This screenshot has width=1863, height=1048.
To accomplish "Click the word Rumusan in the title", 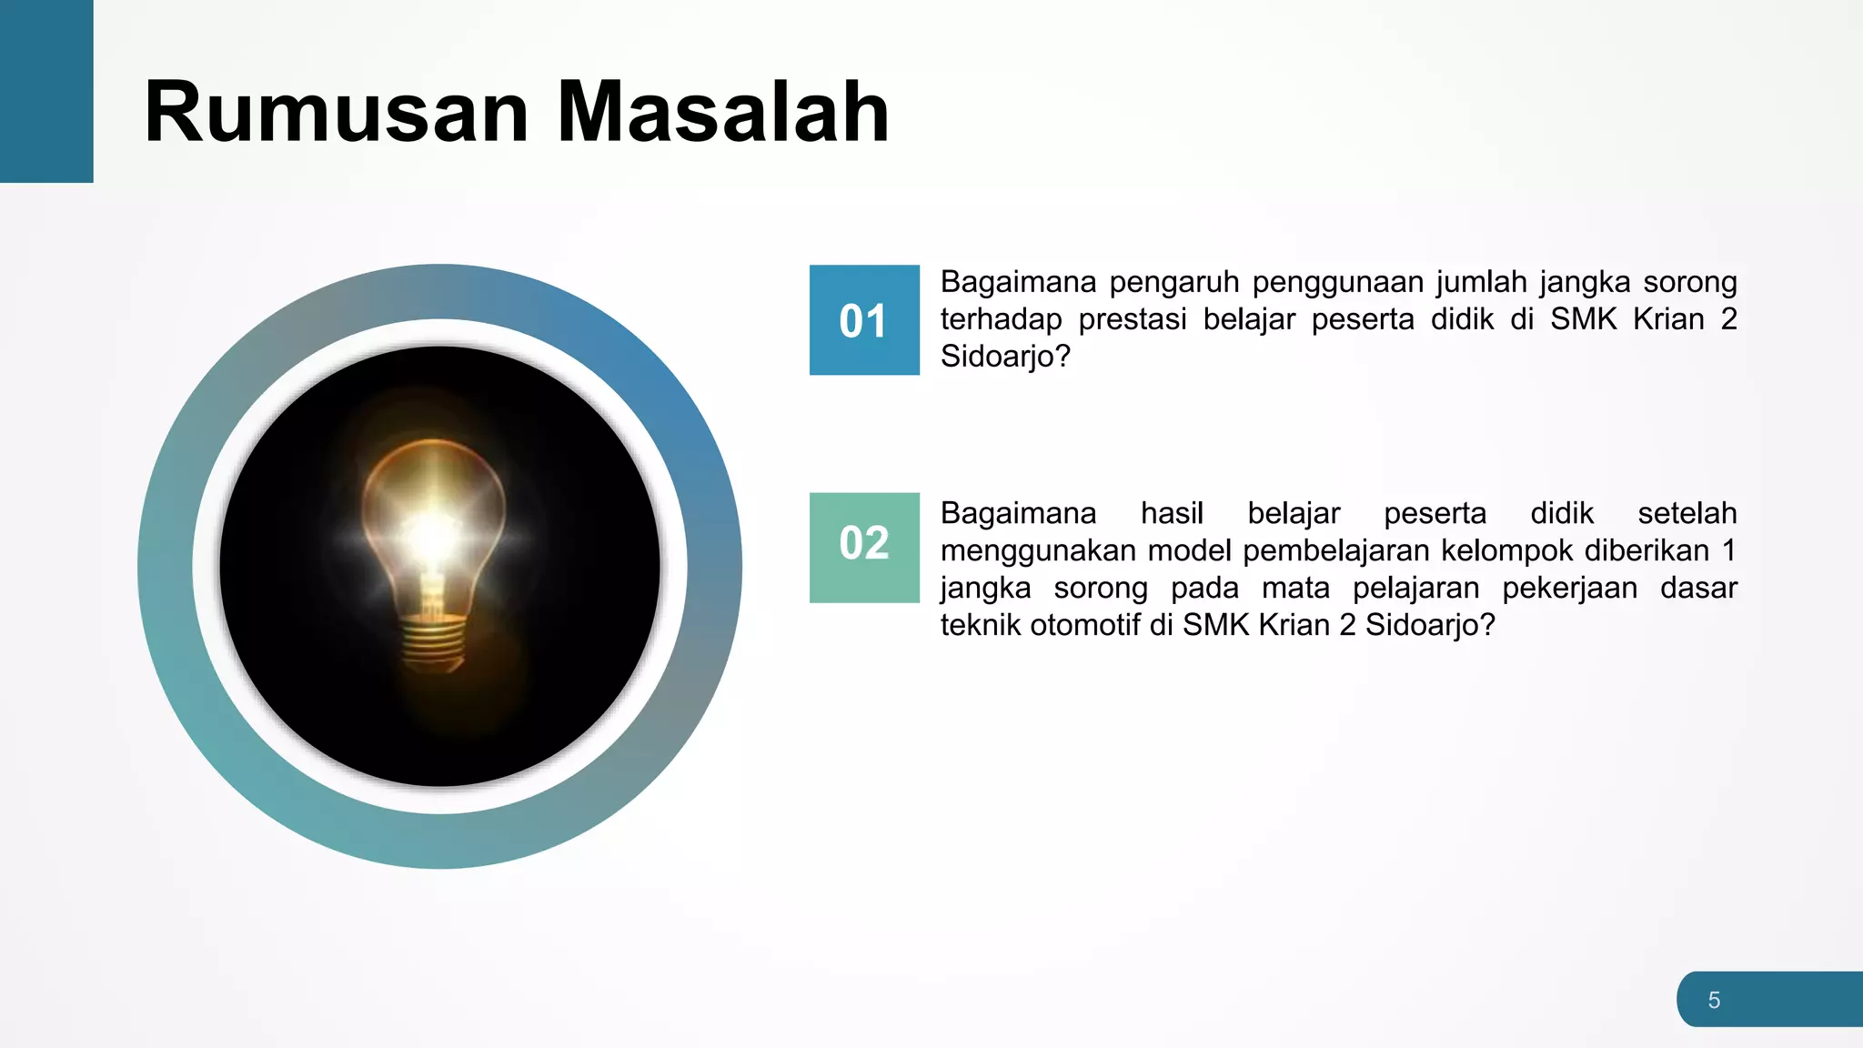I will coord(337,112).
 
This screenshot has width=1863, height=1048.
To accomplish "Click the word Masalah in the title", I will coord(722,112).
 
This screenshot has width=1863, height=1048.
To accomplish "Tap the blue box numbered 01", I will coord(864,320).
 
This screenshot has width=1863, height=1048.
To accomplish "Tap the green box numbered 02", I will coord(864,548).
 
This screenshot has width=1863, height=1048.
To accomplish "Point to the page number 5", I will coord(1714,1001).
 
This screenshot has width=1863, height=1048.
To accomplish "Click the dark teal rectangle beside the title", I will coord(46,91).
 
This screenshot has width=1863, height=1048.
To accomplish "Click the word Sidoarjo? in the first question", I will coord(1005,357).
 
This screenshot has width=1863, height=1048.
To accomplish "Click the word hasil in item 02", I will coord(1172,514).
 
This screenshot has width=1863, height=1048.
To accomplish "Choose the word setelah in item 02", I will coord(1687,514).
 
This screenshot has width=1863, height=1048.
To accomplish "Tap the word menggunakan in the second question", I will coord(1040,551).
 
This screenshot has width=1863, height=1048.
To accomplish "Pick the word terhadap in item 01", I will coord(1001,320).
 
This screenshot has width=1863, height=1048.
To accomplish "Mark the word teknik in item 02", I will coord(981,626).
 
